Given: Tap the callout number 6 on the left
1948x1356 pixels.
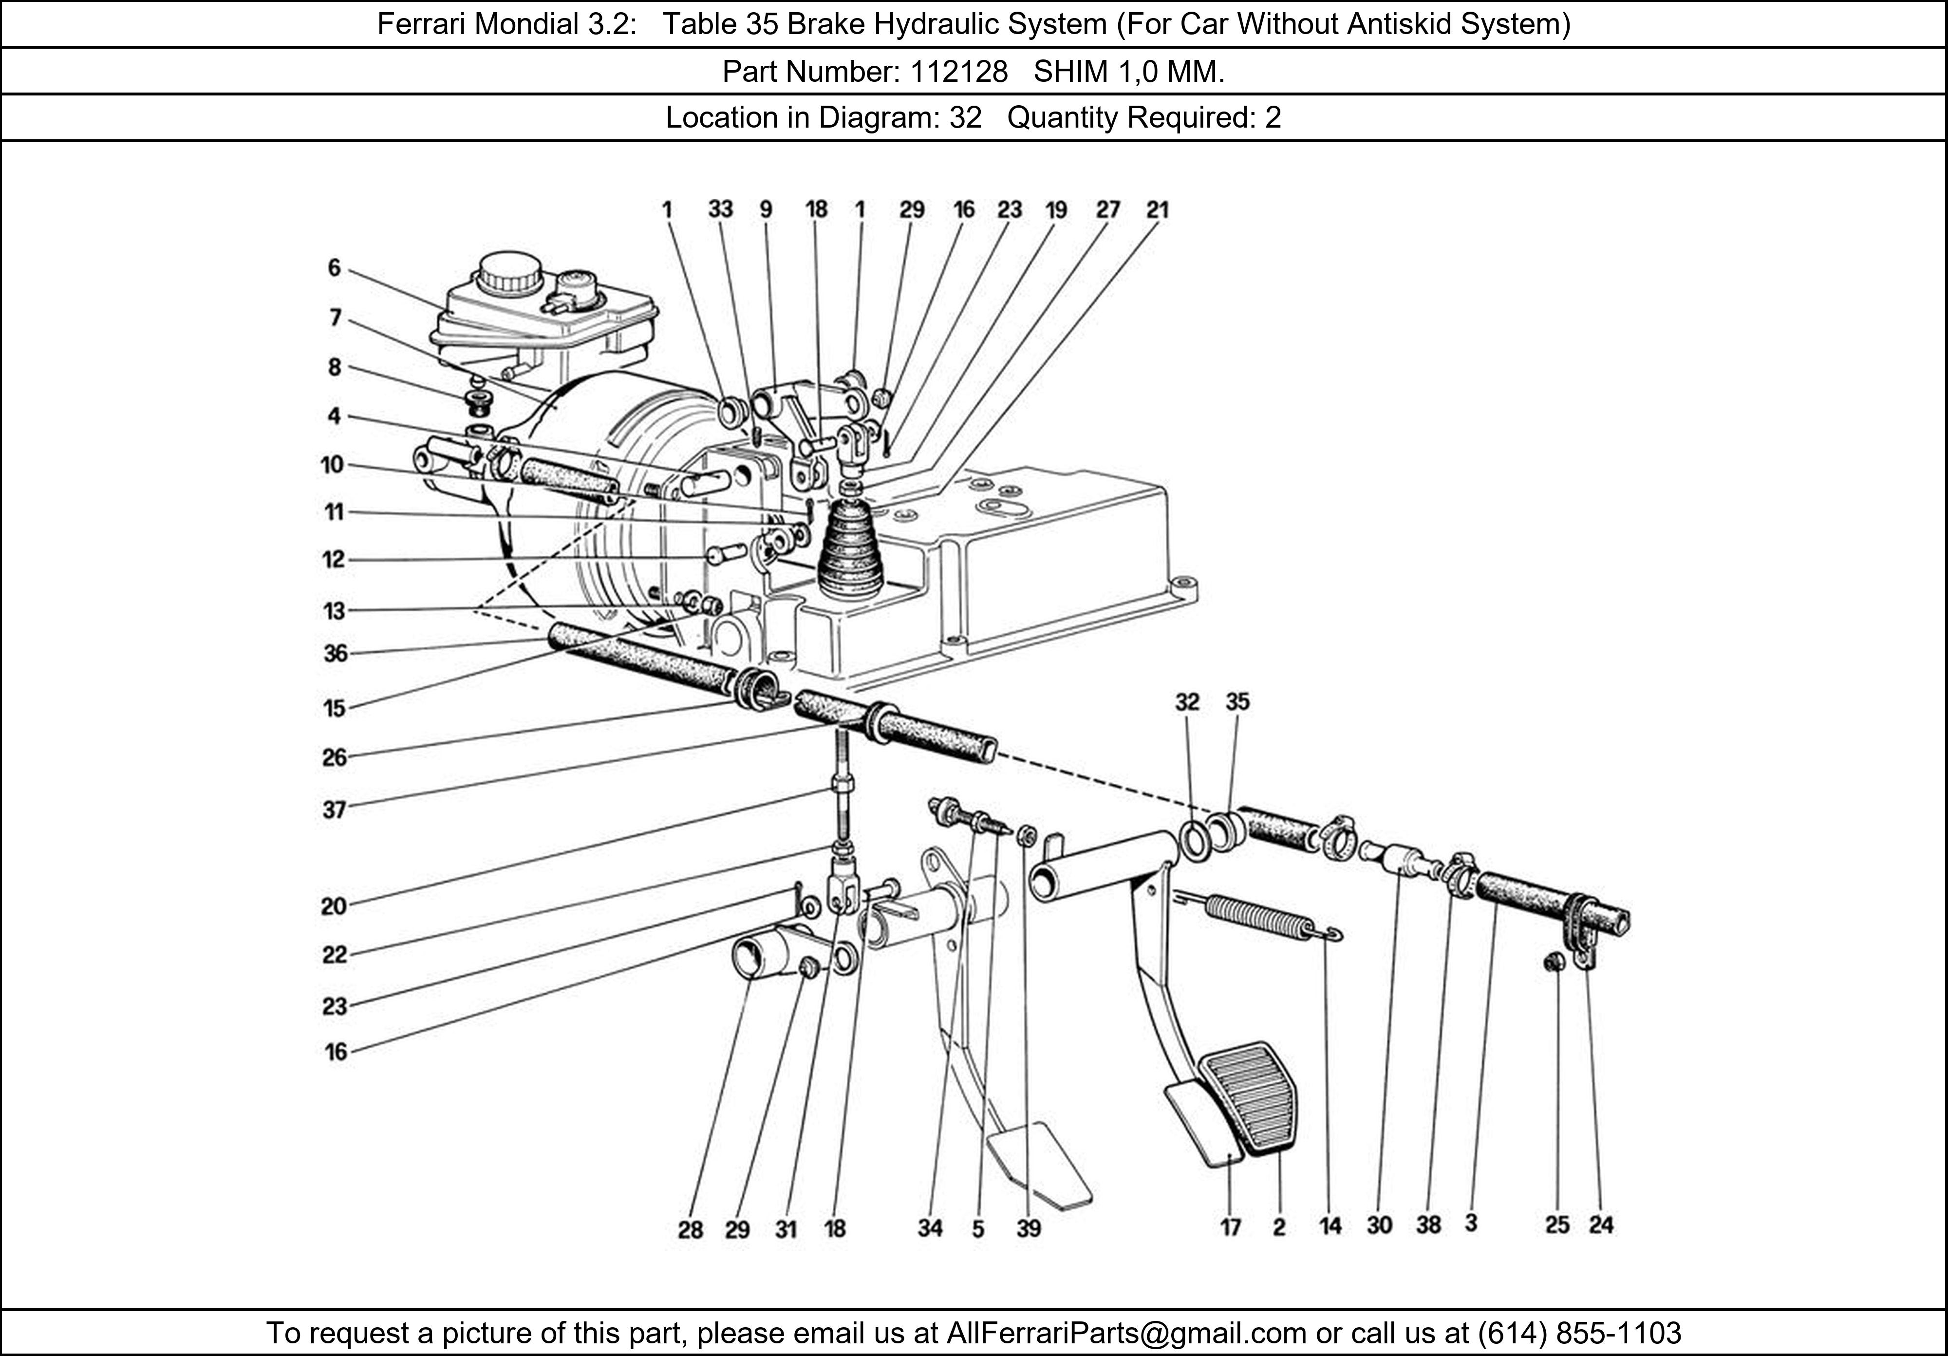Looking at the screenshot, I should pos(334,268).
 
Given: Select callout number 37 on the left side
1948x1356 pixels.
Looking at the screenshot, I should pos(334,810).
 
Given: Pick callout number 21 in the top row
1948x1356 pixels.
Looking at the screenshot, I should pos(1157,209).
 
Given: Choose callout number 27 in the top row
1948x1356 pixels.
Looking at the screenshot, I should pos(1108,209).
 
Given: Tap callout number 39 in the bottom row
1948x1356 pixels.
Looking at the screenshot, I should pos(1028,1228).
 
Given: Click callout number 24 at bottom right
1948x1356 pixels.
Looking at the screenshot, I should pos(1601,1224).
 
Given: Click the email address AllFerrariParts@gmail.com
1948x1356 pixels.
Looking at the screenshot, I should pos(1126,1333).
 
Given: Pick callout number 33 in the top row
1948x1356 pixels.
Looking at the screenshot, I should pos(720,209).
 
